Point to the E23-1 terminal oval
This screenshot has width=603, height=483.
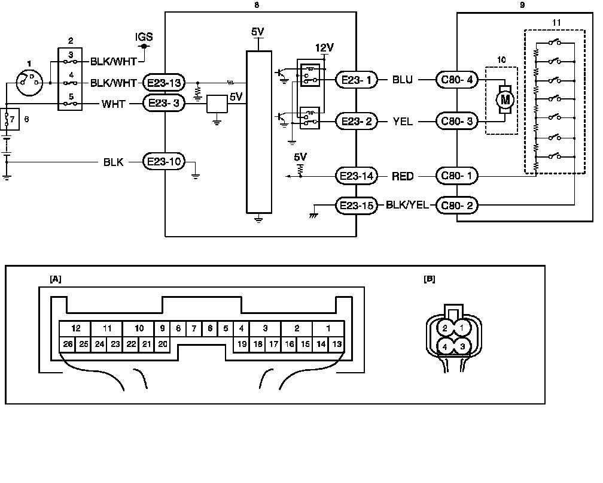tap(357, 80)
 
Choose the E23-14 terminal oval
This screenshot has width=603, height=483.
tap(357, 176)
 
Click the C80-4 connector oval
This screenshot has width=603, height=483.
tap(457, 80)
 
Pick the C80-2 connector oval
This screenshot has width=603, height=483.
tap(457, 206)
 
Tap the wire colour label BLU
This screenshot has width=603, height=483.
tap(402, 80)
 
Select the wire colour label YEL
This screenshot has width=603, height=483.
tap(402, 122)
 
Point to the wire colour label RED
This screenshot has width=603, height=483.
tap(403, 176)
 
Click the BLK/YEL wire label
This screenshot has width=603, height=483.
tap(408, 206)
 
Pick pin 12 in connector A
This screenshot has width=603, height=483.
tap(75, 328)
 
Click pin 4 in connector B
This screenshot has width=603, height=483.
tap(445, 346)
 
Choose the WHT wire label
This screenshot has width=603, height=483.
tap(113, 103)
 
